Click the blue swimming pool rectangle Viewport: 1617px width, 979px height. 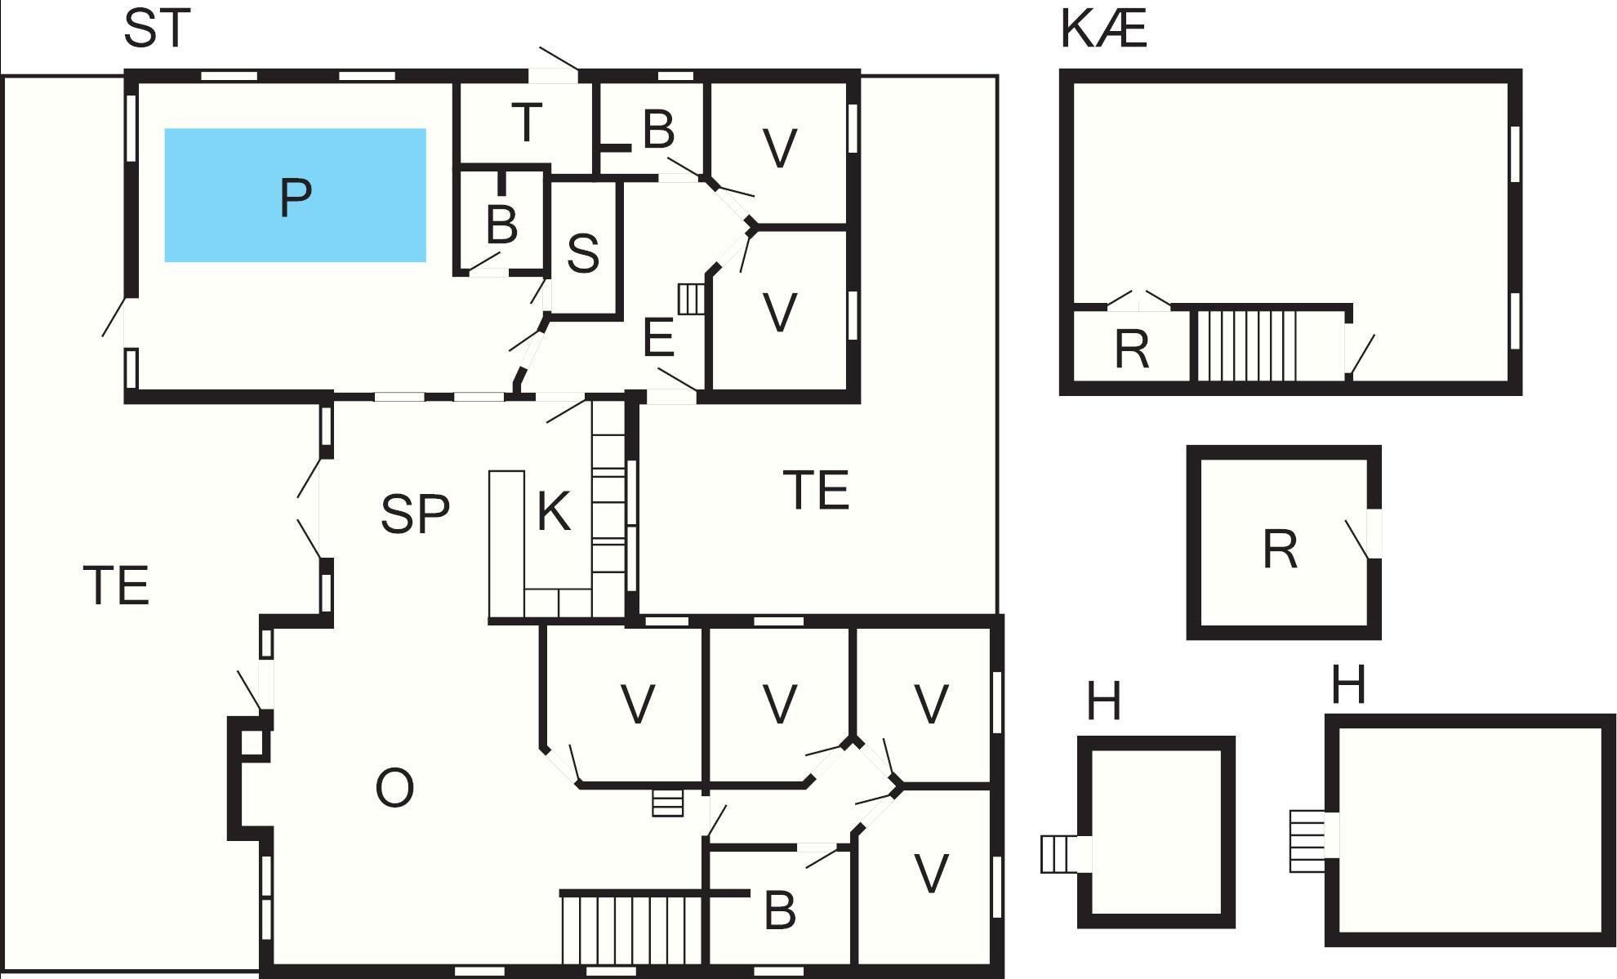[295, 195]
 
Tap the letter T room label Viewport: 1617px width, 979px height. [527, 122]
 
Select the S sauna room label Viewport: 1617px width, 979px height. [582, 252]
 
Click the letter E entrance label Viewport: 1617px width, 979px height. [659, 338]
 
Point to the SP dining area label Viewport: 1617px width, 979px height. [415, 514]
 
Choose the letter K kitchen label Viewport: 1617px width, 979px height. [554, 512]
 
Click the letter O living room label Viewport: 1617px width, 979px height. [394, 788]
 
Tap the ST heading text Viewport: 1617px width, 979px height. [157, 28]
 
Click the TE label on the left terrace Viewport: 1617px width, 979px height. [117, 585]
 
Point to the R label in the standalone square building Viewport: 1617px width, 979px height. [1280, 549]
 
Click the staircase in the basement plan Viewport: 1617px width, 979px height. [1247, 344]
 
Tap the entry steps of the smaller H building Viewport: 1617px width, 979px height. [1059, 854]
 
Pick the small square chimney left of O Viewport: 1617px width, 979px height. [252, 743]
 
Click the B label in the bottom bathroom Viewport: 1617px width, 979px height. [780, 910]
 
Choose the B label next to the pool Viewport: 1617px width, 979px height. [501, 225]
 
